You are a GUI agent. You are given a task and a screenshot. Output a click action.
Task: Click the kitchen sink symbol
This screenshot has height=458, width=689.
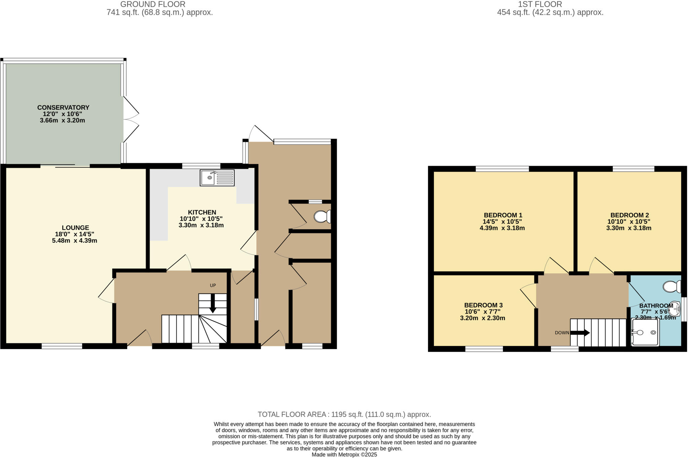[x=217, y=178]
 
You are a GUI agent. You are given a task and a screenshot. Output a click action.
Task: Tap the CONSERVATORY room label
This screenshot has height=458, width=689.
[x=63, y=108]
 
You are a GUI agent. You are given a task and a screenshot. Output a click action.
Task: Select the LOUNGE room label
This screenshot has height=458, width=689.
[x=75, y=228]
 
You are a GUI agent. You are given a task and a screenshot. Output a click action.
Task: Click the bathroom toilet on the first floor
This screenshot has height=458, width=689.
[x=672, y=287]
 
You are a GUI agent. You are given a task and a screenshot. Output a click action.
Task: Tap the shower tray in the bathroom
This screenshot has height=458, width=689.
[x=645, y=332]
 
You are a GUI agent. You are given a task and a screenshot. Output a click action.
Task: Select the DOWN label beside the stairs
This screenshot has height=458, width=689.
[x=562, y=333]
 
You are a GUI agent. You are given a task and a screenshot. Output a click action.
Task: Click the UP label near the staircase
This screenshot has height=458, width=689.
[x=213, y=285]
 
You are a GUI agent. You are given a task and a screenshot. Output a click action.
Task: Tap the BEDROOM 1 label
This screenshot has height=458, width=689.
[x=503, y=215]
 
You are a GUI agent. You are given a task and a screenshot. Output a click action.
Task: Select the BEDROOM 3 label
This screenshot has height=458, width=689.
[x=483, y=305]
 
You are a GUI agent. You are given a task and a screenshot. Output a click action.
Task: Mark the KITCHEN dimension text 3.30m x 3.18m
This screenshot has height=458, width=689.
[x=201, y=225]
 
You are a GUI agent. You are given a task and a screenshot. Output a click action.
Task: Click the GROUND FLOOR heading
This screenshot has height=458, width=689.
[x=153, y=4]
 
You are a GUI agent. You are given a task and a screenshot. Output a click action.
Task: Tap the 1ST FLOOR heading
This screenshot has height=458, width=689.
[x=540, y=4]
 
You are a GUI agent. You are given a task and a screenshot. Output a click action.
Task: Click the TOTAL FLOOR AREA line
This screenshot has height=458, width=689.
[x=344, y=414]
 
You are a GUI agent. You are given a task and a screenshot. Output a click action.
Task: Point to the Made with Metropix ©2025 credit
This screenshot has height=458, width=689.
[x=344, y=455]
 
